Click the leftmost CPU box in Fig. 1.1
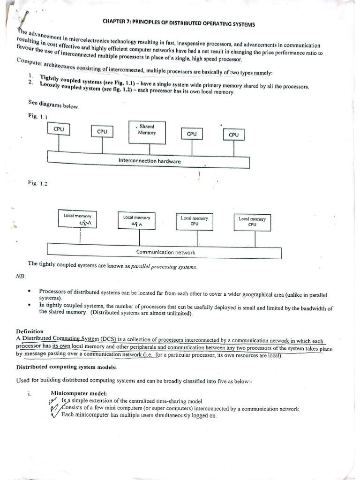coord(59,129)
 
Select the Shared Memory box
coord(147,132)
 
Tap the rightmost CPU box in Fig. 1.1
coord(233,135)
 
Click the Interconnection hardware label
coord(150,161)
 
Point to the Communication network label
coord(165,252)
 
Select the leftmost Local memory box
coord(78,219)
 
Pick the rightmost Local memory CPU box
coord(252,222)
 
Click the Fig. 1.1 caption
coord(38,116)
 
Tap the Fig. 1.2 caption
coord(37,183)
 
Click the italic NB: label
coord(21,276)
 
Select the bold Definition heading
coord(30,331)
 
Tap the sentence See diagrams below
coord(54,105)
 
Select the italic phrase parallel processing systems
coord(164,267)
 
